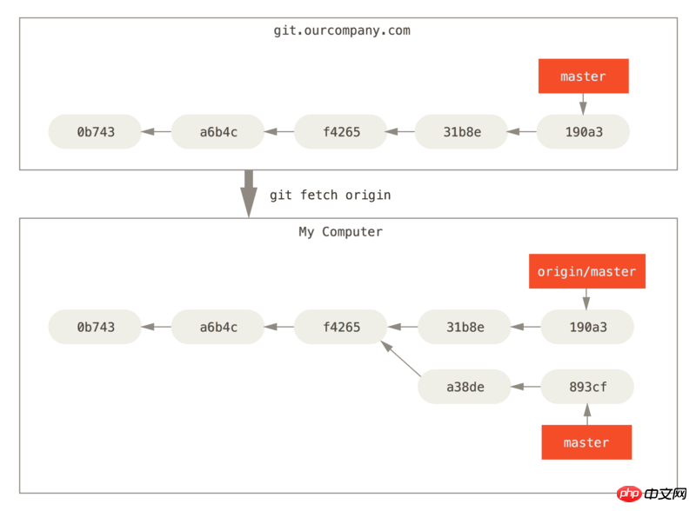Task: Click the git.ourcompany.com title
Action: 342,30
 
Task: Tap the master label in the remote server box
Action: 583,76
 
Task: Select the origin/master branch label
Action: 586,271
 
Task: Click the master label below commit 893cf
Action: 586,442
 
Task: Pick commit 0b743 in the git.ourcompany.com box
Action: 95,132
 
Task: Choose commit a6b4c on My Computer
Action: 218,327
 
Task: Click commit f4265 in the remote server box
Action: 341,132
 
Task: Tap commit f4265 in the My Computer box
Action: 341,327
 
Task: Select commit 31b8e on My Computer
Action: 465,327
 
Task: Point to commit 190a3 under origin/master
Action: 588,327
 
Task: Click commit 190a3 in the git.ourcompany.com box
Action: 583,132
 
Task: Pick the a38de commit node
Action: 465,387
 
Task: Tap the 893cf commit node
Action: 588,387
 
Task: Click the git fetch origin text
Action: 331,196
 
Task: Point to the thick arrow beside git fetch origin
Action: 249,194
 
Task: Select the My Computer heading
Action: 340,232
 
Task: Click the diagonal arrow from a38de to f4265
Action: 401,359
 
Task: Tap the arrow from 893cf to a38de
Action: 526,387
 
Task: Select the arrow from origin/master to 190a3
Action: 586,299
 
